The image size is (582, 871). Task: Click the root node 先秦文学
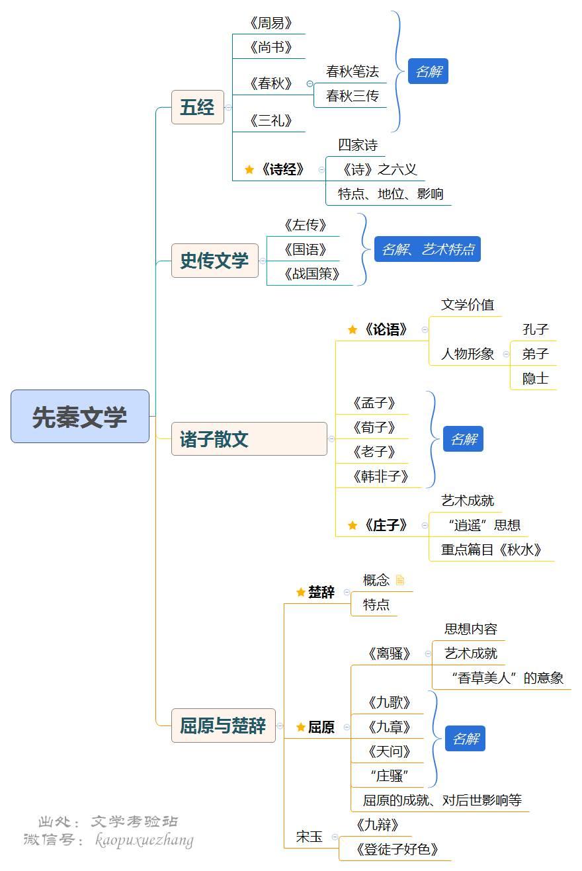80,417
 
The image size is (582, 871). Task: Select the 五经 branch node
197,107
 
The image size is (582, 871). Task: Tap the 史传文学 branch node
214,261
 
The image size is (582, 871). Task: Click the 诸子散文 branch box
249,439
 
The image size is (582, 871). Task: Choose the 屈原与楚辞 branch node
223,726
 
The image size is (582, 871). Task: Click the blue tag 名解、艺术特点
427,249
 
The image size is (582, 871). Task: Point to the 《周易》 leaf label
270,24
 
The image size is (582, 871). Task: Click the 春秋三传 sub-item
352,96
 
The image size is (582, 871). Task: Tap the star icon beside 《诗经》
249,169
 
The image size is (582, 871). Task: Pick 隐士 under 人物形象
535,378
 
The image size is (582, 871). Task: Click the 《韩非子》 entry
381,476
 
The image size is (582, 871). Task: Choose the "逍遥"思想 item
483,526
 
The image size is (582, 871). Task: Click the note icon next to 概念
399,580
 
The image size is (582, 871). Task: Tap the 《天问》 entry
389,751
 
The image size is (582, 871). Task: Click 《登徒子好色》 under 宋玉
397,849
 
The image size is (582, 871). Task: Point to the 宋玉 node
309,837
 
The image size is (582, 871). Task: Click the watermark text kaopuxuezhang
144,841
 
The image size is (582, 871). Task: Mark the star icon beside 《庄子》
353,526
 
